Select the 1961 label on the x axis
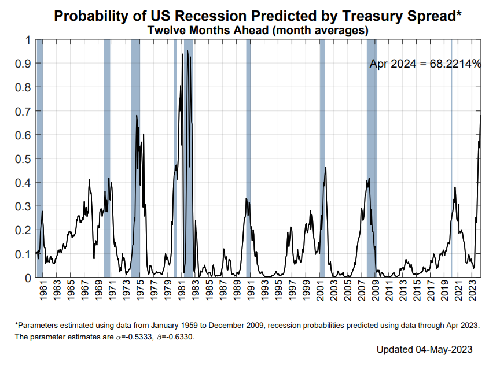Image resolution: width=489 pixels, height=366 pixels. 43,291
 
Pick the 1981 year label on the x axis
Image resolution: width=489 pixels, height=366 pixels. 182,291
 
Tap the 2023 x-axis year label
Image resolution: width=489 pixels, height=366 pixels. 472,291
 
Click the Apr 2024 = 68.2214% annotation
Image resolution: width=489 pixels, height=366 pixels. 425,64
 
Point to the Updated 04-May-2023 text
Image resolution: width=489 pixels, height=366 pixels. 425,350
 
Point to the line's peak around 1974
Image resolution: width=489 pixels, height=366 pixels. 137,116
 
